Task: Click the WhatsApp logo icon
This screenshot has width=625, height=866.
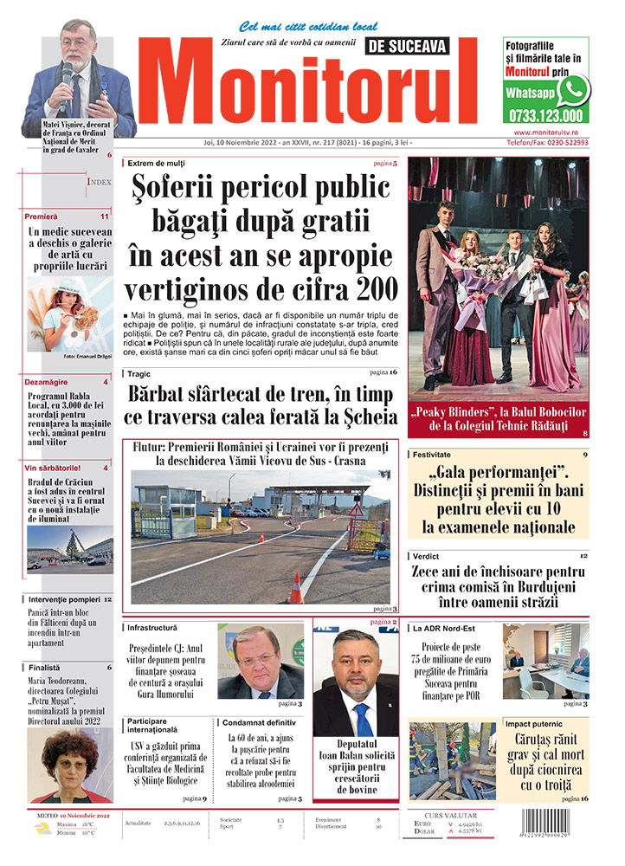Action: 573,91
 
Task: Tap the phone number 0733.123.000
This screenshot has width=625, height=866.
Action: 545,116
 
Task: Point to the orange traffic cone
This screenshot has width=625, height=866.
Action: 296,588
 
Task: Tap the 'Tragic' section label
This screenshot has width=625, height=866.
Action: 139,374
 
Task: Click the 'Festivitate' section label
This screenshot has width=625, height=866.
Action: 437,454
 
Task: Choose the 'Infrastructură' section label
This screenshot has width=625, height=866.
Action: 152,627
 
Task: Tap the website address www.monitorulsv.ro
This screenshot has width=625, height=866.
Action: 545,132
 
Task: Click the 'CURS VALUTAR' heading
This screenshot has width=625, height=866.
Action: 460,815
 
